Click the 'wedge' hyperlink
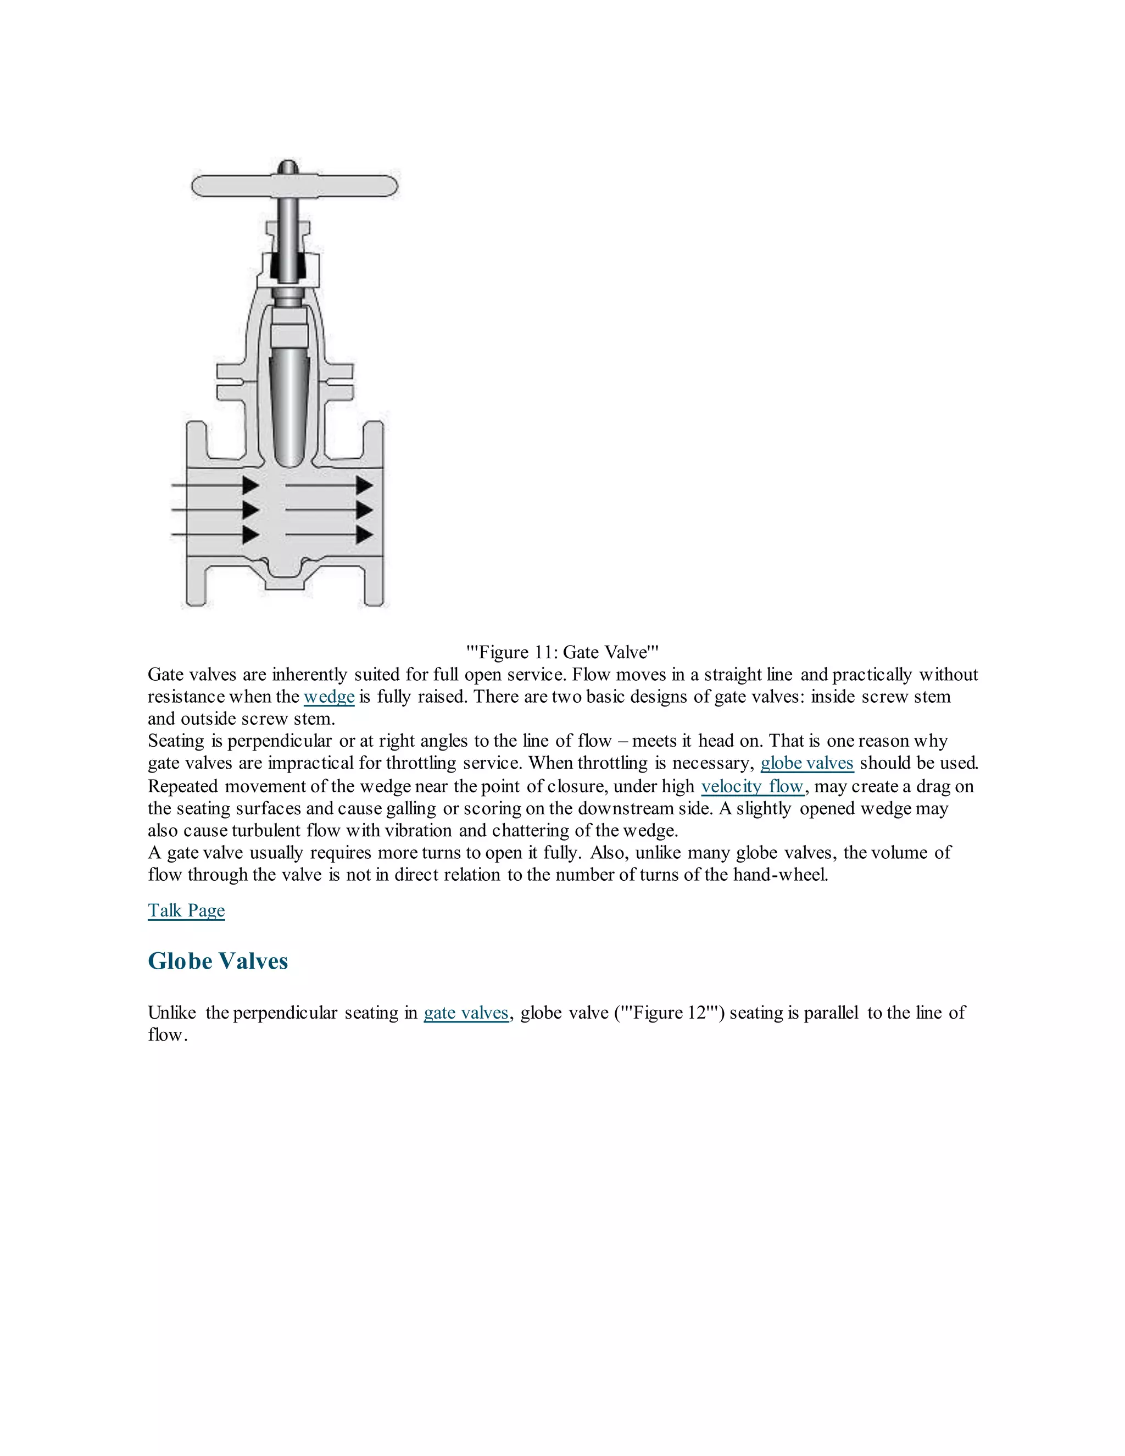pos(328,697)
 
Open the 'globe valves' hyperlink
pos(806,763)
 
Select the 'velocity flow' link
pos(753,787)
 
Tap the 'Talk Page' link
pos(186,910)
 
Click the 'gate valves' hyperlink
pos(466,1013)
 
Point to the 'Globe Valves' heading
pos(218,960)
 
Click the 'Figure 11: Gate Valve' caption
pos(562,652)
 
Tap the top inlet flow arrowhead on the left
pos(250,485)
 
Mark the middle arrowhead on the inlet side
pos(250,510)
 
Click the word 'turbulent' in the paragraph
pos(266,831)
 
